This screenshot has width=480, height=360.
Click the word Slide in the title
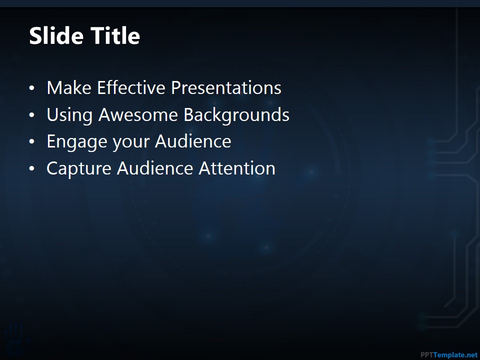click(x=56, y=35)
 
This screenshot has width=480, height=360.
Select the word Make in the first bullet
click(x=69, y=88)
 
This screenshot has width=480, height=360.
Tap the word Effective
click(x=131, y=88)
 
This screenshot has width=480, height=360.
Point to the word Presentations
click(x=226, y=88)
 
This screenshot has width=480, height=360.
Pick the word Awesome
click(x=138, y=115)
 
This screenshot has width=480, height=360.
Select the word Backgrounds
click(x=236, y=115)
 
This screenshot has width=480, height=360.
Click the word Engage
click(x=77, y=142)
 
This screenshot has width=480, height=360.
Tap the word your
click(x=130, y=142)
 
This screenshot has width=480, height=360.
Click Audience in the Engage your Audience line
click(x=193, y=141)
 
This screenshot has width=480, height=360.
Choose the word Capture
click(x=78, y=169)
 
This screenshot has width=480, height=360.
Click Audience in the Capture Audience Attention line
click(x=155, y=168)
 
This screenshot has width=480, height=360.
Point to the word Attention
click(x=237, y=168)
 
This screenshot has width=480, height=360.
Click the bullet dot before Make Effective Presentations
click(x=32, y=88)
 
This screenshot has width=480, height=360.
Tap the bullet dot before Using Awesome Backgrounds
click(x=32, y=115)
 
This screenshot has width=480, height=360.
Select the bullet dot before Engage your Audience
click(x=32, y=142)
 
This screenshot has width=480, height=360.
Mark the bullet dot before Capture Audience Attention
click(x=32, y=169)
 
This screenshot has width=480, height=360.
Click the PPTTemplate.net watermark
click(x=449, y=355)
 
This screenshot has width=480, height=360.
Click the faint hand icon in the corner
click(x=14, y=338)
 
